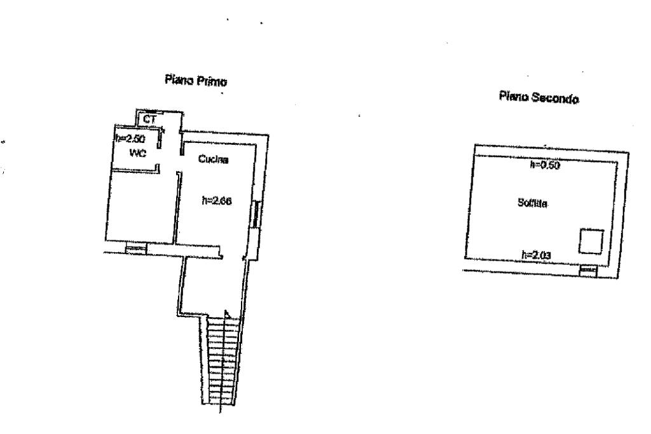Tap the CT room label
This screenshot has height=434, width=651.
coord(149,119)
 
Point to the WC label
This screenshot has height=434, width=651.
coord(138,153)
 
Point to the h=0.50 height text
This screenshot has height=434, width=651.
coord(545,166)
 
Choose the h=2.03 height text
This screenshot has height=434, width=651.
coord(535,255)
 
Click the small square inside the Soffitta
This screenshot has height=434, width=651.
coord(589,241)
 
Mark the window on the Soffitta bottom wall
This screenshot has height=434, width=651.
coord(588,271)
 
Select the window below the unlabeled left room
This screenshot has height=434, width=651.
coord(135,249)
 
